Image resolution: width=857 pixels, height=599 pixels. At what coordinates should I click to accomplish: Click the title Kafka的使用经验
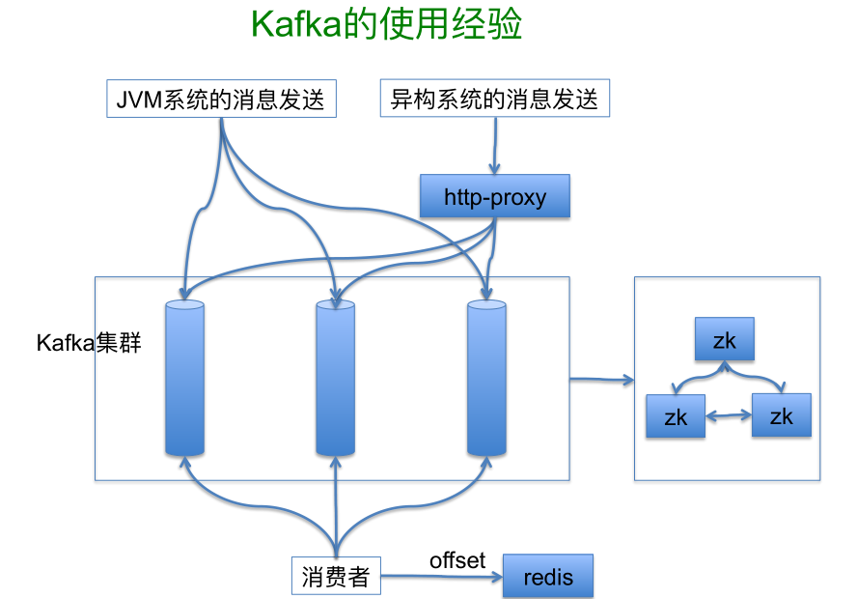386,24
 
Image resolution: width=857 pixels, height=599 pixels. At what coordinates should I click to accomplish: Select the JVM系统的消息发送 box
221,99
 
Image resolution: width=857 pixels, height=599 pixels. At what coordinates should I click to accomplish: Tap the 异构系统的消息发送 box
495,99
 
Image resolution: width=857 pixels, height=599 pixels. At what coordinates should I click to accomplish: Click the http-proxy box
495,196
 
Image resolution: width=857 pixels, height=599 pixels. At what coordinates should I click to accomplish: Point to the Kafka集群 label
89,343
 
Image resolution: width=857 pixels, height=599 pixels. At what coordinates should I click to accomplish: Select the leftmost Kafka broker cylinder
184,378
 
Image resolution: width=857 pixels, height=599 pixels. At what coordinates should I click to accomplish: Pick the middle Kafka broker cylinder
336,378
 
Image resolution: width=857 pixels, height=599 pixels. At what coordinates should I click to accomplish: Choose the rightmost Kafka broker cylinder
486,378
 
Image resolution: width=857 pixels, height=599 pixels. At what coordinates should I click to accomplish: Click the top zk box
725,339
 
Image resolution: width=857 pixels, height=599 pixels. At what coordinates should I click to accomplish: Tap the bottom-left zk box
676,416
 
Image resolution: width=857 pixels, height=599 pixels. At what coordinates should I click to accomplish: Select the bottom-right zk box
782,415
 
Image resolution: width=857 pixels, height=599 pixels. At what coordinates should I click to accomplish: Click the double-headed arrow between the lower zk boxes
729,415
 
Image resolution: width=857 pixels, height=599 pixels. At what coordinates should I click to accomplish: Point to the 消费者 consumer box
336,576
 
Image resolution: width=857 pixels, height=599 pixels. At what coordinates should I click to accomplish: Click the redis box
548,576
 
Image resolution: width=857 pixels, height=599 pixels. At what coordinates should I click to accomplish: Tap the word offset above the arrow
457,560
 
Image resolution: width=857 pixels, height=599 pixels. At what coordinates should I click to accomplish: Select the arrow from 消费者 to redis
442,576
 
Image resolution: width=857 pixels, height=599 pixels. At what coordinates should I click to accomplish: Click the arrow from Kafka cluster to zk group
602,379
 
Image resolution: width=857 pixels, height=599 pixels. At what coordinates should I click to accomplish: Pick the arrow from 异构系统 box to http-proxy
495,146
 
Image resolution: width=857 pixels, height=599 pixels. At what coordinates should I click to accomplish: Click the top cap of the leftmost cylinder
184,304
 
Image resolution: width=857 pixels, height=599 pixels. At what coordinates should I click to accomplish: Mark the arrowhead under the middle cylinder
336,462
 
